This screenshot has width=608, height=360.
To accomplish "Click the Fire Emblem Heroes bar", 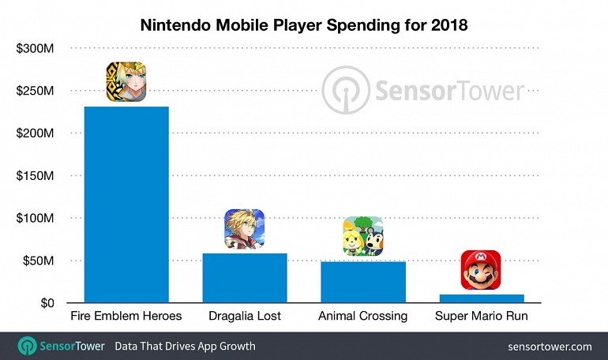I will click(126, 204).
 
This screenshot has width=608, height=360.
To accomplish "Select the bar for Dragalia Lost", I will click(245, 278).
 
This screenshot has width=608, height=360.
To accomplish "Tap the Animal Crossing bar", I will click(362, 282).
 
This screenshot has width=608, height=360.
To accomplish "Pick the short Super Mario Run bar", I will click(482, 298).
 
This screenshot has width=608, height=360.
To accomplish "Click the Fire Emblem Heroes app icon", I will click(127, 81).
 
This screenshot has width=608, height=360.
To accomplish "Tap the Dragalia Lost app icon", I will click(244, 228).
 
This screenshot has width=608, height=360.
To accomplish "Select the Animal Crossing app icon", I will click(362, 236).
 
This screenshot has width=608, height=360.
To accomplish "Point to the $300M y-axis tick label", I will click(35, 49).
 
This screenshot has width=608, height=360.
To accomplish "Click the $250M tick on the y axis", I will click(35, 92).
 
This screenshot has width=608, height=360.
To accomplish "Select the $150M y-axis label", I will click(35, 176).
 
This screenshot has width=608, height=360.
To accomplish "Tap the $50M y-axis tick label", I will click(38, 261).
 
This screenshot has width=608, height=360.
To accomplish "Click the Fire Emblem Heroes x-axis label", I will click(126, 317).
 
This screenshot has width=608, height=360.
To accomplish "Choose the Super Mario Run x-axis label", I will click(482, 317).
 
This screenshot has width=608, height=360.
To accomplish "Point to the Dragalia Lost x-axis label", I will click(245, 317).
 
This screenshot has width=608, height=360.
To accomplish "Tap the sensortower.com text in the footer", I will click(550, 347).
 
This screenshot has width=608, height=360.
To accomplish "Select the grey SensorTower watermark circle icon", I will click(344, 91).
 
